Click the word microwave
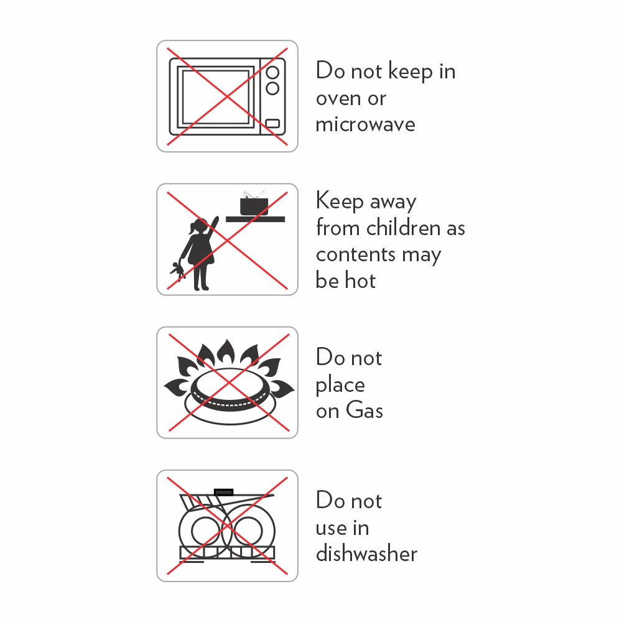365,124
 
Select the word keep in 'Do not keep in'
410,72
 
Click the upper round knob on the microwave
272,73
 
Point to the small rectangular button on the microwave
272,123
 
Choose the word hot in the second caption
360,281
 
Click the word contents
356,255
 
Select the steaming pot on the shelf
254,203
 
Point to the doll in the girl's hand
178,271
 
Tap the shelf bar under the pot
255,219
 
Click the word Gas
364,410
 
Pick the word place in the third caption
340,386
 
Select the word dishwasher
366,553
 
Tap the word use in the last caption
330,528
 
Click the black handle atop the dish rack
224,492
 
